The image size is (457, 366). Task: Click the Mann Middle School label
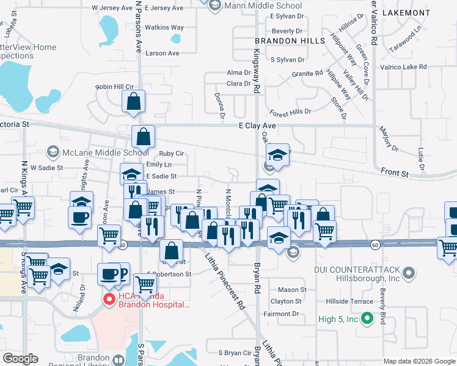point(263,6)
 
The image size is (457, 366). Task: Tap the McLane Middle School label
point(106,152)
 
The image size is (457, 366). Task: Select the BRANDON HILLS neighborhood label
point(282,41)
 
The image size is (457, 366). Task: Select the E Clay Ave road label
point(257,126)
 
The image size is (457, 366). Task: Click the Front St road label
point(395,173)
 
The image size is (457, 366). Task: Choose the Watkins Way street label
point(164,27)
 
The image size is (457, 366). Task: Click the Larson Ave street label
point(162,53)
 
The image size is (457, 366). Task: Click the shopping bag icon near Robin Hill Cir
point(134,101)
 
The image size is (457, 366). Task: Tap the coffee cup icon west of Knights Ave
point(80,217)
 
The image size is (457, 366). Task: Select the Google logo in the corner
point(20,359)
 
